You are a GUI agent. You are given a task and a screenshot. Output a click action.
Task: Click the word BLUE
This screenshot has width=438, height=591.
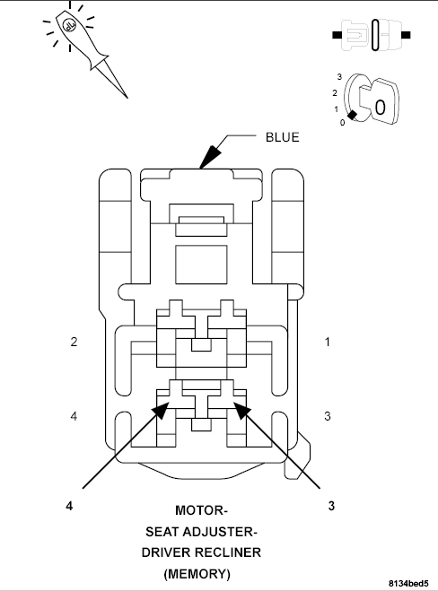pos(282,137)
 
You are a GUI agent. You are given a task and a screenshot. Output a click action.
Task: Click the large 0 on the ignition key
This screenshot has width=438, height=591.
pos(380,106)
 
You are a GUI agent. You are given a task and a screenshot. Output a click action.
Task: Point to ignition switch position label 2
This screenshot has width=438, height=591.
pos(335,92)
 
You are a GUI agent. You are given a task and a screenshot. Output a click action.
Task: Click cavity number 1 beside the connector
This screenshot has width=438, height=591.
pos(328,342)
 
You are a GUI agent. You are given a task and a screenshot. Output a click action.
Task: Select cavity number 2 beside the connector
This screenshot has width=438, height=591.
pos(74,342)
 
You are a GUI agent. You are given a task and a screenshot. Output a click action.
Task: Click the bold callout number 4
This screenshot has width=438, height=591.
pos(69,505)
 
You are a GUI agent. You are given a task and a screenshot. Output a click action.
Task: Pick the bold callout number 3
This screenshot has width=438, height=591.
pos(331,505)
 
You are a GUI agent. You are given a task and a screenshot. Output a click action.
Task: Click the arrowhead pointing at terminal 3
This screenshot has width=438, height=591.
pos(240,410)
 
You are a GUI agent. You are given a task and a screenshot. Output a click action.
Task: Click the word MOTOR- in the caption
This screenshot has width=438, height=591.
pos(201,511)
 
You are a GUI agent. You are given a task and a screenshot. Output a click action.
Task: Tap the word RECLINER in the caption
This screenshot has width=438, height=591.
pos(232,552)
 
